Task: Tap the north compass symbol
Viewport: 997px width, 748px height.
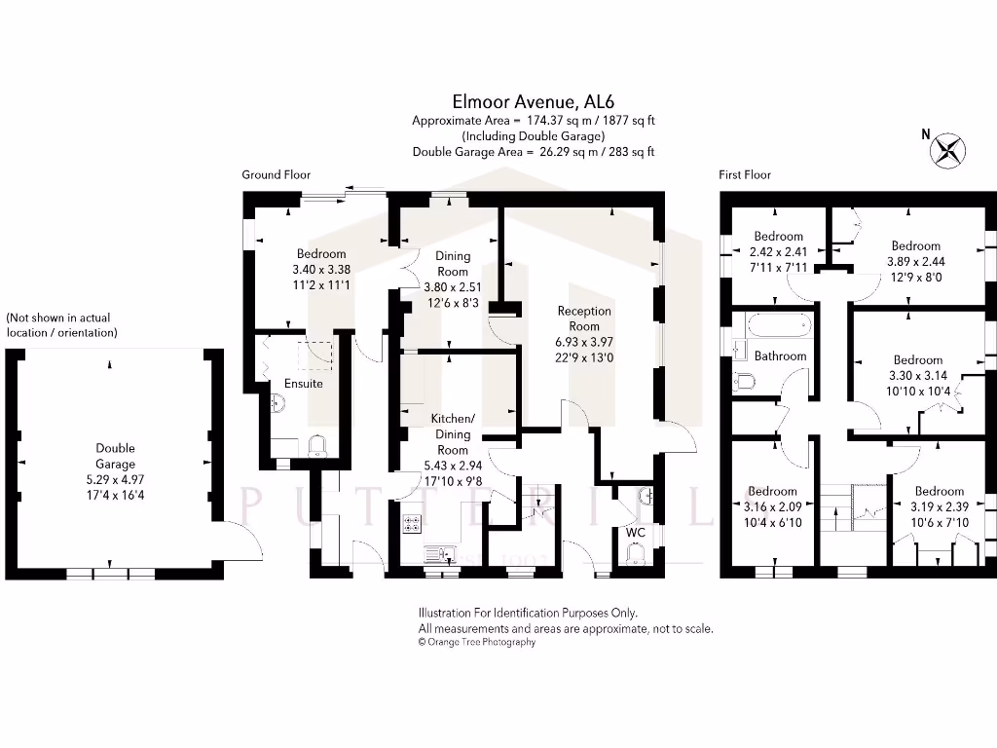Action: pyautogui.click(x=947, y=150)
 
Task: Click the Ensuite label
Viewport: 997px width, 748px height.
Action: pyautogui.click(x=305, y=384)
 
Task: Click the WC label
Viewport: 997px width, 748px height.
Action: pyautogui.click(x=635, y=533)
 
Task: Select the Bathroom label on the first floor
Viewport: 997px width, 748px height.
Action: pyautogui.click(x=780, y=356)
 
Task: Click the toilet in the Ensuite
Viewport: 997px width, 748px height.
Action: pyautogui.click(x=316, y=446)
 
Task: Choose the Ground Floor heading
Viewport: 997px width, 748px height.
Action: pyautogui.click(x=277, y=175)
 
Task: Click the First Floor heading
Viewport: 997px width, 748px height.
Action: pyautogui.click(x=745, y=175)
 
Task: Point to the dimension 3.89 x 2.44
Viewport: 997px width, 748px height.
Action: pyautogui.click(x=915, y=261)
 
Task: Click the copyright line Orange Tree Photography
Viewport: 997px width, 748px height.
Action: pyautogui.click(x=477, y=643)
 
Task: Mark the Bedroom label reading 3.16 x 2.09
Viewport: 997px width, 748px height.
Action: pyautogui.click(x=772, y=492)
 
